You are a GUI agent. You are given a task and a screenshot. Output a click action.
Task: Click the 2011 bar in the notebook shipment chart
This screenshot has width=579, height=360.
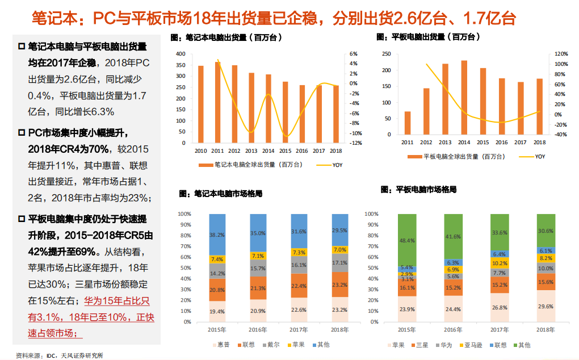tap(217, 102)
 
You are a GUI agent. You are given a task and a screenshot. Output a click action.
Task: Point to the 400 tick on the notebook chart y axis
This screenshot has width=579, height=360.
tap(181, 53)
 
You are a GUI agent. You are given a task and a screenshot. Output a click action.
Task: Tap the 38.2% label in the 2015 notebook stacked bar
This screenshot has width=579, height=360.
tap(217, 234)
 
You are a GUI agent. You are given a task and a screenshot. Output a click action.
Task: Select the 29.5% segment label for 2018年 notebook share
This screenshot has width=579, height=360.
tap(339, 230)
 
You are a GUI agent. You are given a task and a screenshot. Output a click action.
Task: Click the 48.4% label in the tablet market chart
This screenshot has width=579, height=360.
tap(406, 240)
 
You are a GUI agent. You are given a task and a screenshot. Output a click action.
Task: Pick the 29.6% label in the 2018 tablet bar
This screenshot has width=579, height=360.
tap(546, 306)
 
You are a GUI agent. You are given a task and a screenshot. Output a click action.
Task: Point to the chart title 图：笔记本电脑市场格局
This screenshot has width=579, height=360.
tap(220, 194)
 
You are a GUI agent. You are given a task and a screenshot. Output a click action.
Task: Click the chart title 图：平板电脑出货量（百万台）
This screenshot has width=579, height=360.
tap(429, 37)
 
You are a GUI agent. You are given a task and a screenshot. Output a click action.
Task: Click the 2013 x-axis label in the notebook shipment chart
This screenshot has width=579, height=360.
tap(251, 150)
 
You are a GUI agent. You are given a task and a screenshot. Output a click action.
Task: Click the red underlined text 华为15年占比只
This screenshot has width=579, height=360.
tap(116, 302)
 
